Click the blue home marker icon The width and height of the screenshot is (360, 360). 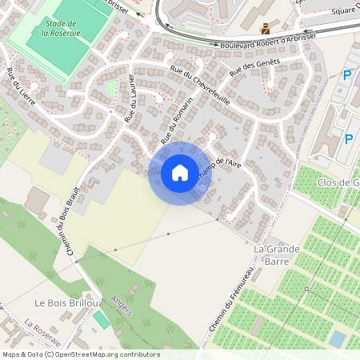[x=180, y=173]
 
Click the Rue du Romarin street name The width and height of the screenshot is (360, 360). [x=178, y=120]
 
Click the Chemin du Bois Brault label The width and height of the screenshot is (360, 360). [x=70, y=222]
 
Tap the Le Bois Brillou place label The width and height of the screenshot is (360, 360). [x=66, y=303]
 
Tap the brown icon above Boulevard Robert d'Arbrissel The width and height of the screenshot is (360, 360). [x=266, y=28]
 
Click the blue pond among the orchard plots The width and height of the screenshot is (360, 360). [x=338, y=339]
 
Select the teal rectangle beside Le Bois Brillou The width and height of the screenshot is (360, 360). [x=101, y=322]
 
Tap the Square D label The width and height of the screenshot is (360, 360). [x=346, y=10]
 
